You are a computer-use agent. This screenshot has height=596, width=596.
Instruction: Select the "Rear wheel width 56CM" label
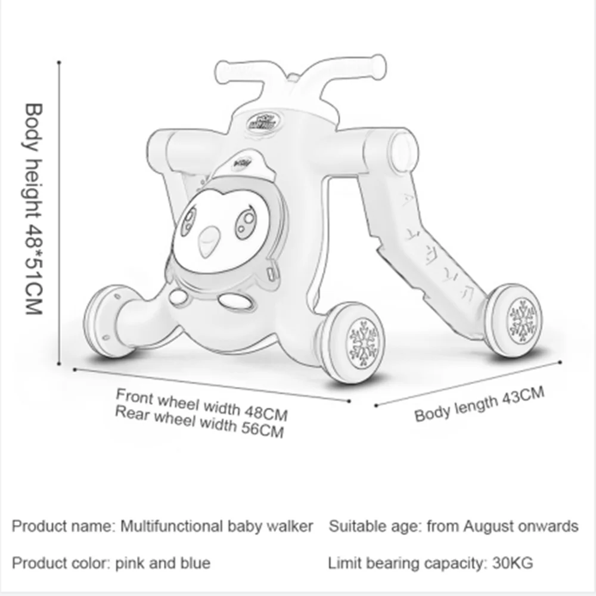tap(199, 421)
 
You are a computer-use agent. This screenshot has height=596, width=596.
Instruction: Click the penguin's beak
tap(209, 241)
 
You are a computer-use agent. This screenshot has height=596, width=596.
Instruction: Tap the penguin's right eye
tap(245, 222)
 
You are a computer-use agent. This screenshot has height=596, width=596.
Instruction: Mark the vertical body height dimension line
tap(60, 215)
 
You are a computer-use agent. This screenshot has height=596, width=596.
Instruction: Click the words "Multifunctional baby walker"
tap(217, 526)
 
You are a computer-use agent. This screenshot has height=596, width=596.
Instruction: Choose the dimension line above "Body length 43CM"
tap(468, 383)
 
